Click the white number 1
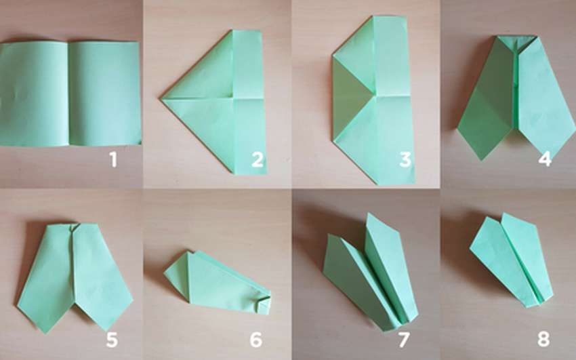(x=114, y=160)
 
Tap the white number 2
(x=258, y=160)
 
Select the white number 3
(x=405, y=160)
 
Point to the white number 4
(x=545, y=159)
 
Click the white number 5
(x=112, y=340)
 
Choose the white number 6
(x=256, y=340)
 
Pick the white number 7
(x=404, y=340)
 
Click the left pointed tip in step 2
(x=161, y=98)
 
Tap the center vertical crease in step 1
(x=68, y=94)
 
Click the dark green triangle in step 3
(x=352, y=97)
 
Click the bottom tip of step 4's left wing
(x=481, y=159)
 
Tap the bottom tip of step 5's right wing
(x=107, y=330)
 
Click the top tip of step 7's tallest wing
(x=368, y=214)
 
